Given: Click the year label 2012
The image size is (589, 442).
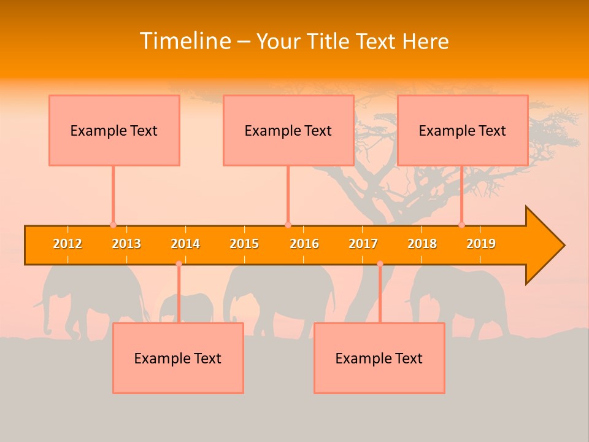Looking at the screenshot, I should coord(67,244).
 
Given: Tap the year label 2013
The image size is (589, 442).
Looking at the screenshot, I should coord(126,244).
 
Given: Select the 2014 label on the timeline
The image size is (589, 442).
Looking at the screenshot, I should coord(185,244).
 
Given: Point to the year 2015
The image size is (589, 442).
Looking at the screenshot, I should coord(244,244).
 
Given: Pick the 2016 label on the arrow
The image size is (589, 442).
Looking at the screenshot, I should coord(304,244).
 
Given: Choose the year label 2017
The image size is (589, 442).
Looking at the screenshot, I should coord(363,244).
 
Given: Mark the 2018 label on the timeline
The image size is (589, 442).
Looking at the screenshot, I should coord(422,244).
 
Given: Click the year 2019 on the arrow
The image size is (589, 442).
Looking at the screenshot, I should coord(481,244).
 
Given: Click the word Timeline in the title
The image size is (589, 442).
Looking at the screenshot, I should coord(185,41).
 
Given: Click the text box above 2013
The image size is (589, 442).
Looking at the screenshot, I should coord(114,130).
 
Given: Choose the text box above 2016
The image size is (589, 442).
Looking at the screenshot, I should coord(288,130).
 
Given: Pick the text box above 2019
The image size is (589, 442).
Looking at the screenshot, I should coord(463,130).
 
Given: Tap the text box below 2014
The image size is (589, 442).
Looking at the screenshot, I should coord(178,358).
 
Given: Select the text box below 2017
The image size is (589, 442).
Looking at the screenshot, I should coord(379,358).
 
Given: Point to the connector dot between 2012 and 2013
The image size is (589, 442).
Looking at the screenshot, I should coord(113,225).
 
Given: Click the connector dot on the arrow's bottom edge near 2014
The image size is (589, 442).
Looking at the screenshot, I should coord(179,264).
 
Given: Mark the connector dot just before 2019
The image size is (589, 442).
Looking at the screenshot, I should coord(461,225).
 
